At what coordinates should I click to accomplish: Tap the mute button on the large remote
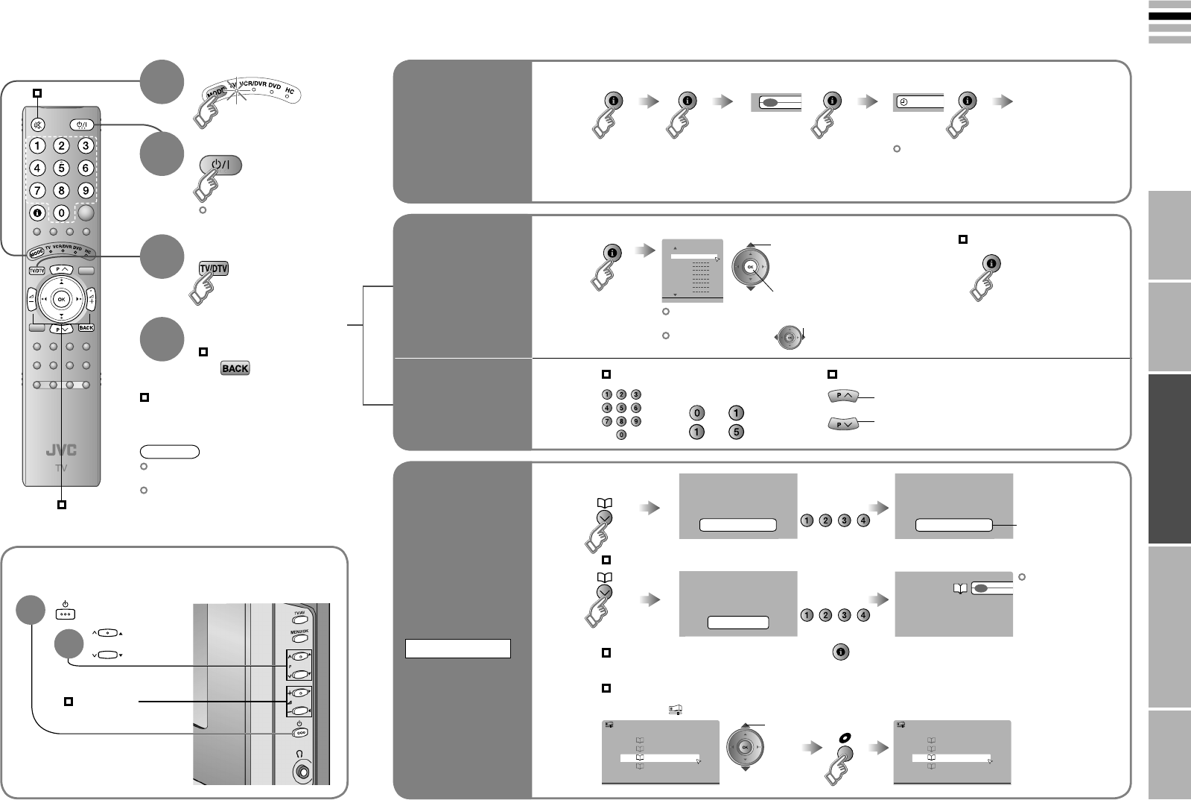37,125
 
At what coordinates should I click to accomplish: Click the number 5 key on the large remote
62,168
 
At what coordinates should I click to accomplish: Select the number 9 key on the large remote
86,190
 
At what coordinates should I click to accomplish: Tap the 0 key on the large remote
62,213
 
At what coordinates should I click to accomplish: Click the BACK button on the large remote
86,327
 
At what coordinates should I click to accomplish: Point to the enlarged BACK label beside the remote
235,368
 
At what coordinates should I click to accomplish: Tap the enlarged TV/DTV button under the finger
213,268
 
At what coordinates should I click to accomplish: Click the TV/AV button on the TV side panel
300,616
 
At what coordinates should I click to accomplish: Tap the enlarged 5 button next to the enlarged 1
735,432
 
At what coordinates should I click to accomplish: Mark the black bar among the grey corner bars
1169,15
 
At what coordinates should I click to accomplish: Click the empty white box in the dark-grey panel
457,649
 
